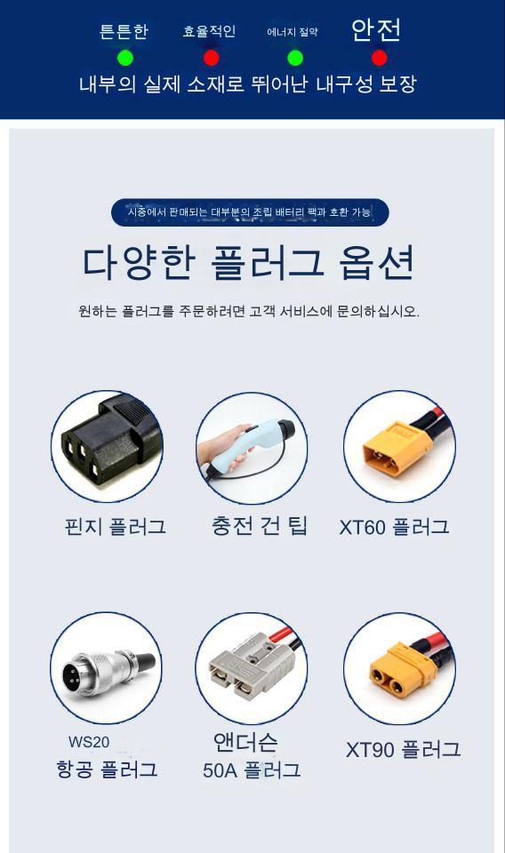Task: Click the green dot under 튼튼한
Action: point(125,58)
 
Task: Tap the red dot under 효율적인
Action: point(211,58)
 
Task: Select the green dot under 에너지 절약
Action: point(295,58)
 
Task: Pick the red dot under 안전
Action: point(379,58)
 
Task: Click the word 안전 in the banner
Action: point(376,30)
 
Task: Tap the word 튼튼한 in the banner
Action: point(124,31)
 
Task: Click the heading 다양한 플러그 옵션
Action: point(248,262)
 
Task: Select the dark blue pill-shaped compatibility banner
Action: point(250,211)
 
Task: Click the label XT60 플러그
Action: point(395,527)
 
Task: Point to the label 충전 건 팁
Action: point(260,526)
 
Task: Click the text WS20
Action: point(89,741)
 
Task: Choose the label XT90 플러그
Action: point(404,750)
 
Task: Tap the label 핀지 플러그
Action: point(115,527)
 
